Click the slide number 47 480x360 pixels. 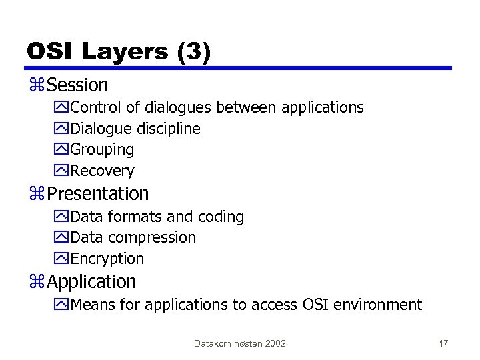coord(443,343)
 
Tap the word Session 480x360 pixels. coord(77,85)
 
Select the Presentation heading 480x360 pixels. coord(98,194)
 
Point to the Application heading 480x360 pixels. coord(91,282)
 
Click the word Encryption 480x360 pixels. coord(107,259)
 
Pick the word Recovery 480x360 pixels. coord(102,171)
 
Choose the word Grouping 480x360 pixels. coord(102,150)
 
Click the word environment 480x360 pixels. coord(379,305)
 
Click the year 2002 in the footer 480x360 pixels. coord(275,343)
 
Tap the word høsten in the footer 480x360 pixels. coord(247,343)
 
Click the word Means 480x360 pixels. coord(91,305)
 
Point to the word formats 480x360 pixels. coord(135,217)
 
